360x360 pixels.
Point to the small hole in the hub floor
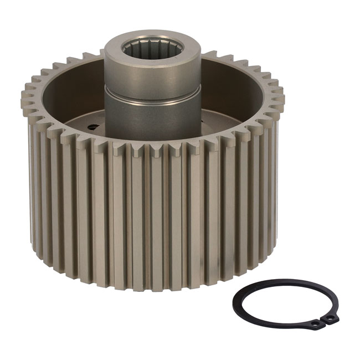[x=93, y=127]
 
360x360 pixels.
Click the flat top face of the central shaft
[x=119, y=50]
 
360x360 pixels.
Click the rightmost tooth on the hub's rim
[x=281, y=100]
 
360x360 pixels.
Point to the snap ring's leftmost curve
[x=235, y=302]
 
